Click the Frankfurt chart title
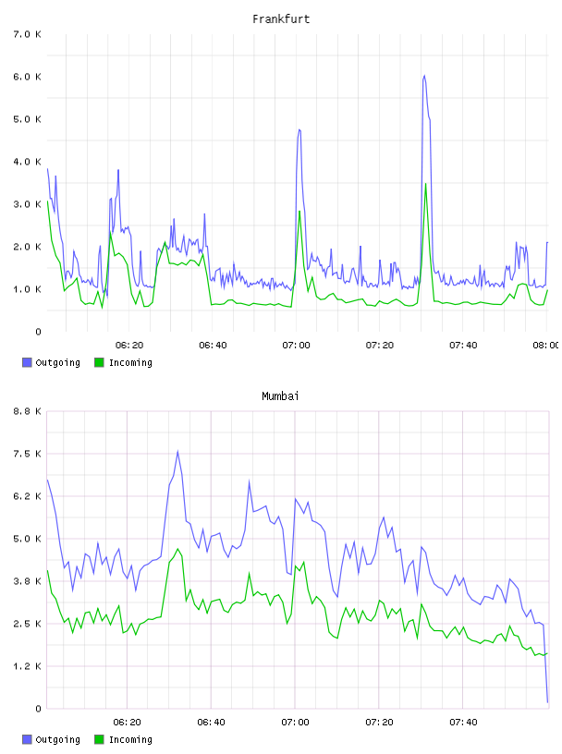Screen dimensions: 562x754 pyautogui.click(x=281, y=19)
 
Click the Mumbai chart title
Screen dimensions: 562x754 pyautogui.click(x=280, y=396)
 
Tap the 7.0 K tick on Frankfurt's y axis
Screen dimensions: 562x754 pyautogui.click(x=28, y=34)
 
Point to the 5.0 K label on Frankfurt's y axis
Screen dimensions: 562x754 pyautogui.click(x=28, y=119)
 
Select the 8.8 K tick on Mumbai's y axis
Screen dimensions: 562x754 pyautogui.click(x=28, y=411)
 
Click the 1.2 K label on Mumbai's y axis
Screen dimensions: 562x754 pyautogui.click(x=28, y=666)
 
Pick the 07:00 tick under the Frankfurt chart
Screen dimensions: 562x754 pyautogui.click(x=296, y=345)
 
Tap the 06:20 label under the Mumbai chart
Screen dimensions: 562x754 pyautogui.click(x=127, y=722)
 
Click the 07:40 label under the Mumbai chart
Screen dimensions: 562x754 pyautogui.click(x=463, y=722)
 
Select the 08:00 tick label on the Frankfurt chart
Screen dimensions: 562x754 pyautogui.click(x=545, y=345)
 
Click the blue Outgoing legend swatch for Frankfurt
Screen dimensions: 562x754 pyautogui.click(x=27, y=362)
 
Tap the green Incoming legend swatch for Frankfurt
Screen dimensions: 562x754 pyautogui.click(x=99, y=362)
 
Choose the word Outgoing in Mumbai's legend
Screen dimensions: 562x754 pyautogui.click(x=57, y=739)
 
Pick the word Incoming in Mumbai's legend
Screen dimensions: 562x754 pyautogui.click(x=130, y=739)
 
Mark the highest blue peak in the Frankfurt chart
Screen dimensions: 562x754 pyautogui.click(x=424, y=76)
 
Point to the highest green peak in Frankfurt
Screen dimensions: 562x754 pyautogui.click(x=425, y=184)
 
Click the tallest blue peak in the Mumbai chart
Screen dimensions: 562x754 pyautogui.click(x=177, y=451)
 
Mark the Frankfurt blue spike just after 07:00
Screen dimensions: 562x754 pyautogui.click(x=299, y=129)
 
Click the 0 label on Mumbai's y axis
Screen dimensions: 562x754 pyautogui.click(x=38, y=709)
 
